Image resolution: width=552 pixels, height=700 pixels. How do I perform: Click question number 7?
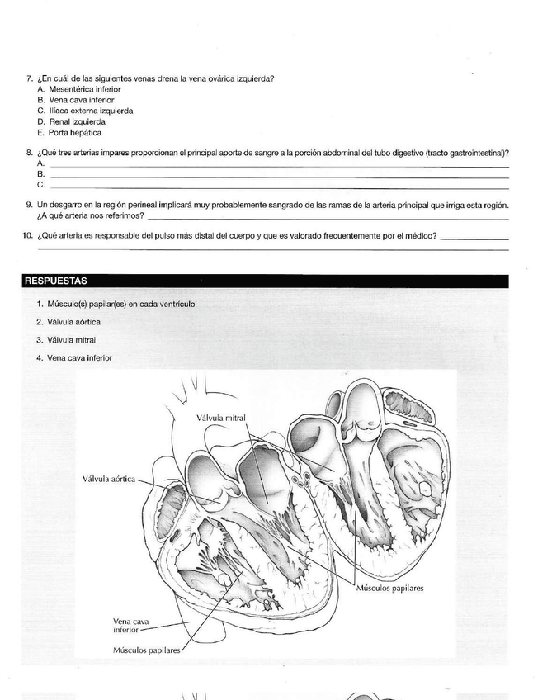30,79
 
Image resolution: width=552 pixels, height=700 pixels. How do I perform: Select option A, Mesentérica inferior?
84,89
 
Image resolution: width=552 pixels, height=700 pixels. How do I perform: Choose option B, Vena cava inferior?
81,100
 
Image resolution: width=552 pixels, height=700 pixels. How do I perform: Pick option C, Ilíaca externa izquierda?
91,111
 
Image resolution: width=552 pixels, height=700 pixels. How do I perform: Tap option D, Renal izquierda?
77,121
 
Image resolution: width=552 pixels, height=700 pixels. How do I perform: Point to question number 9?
30,205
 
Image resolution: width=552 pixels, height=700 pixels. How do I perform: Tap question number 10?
28,236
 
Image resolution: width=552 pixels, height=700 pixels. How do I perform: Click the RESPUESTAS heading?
55,281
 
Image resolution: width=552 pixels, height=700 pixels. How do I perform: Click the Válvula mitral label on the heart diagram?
220,418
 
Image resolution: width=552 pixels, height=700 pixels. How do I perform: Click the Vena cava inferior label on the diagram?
125,625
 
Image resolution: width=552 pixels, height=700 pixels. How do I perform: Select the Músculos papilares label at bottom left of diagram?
146,650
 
